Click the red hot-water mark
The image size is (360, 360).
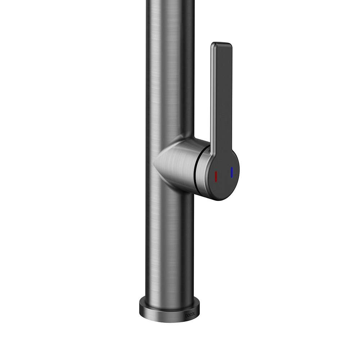[216, 176]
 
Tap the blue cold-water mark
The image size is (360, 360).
[231, 172]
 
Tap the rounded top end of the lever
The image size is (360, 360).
[221, 44]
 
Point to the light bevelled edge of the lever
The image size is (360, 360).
[213, 96]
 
